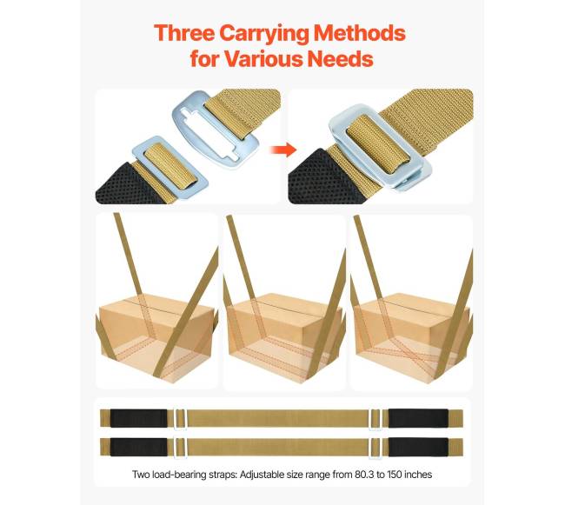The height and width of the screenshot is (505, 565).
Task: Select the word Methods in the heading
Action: pyautogui.click(x=360, y=33)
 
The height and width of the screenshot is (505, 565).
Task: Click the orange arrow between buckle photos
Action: pyautogui.click(x=283, y=150)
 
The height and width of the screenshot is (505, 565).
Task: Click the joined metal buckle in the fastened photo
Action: pyautogui.click(x=379, y=148)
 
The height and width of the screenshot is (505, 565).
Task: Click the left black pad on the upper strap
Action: pyautogui.click(x=139, y=418)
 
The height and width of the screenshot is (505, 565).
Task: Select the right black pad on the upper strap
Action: pyautogui.click(x=418, y=418)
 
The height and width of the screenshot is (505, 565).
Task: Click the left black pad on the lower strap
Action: pyautogui.click(x=139, y=447)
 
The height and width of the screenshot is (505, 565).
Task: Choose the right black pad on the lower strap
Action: pyautogui.click(x=418, y=447)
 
